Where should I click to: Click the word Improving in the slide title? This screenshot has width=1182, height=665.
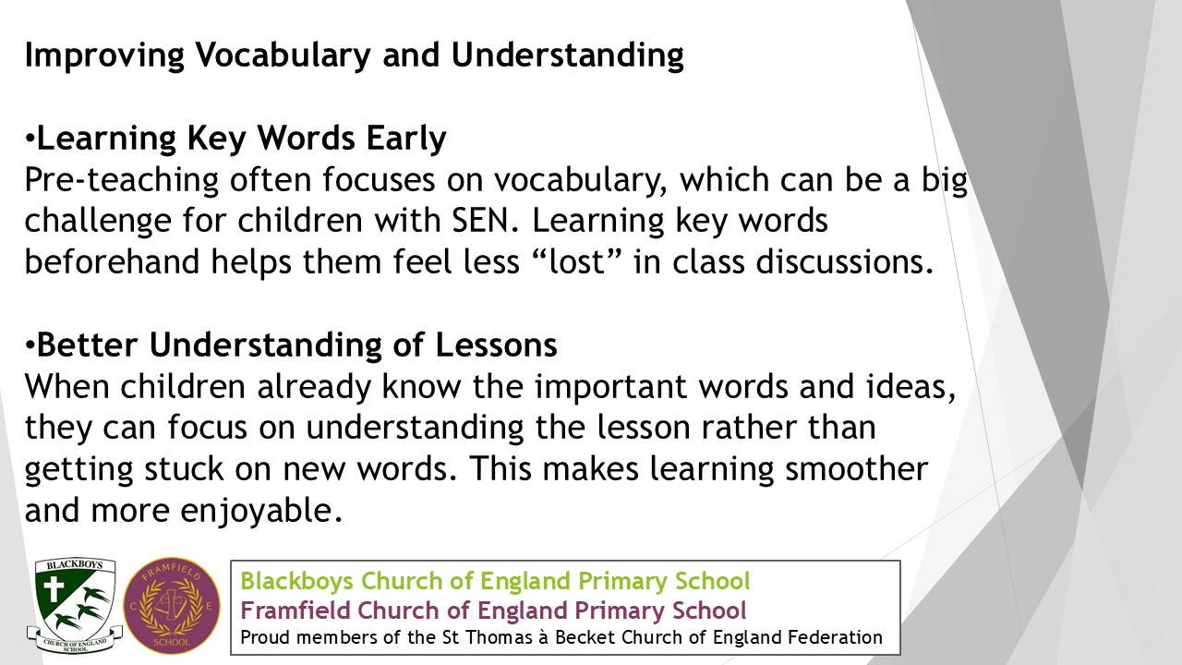104,55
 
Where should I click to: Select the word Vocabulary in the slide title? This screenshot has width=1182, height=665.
283,55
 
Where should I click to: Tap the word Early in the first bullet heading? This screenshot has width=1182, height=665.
406,139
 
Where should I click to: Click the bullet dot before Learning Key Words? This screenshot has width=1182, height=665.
30,139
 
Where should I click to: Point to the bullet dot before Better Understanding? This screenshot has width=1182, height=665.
30,346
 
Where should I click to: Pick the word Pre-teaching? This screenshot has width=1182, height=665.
121,180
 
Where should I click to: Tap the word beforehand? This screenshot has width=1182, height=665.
112,261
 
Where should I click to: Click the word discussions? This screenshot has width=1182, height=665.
845,261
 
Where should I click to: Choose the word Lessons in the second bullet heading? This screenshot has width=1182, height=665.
496,345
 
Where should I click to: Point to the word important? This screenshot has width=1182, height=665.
610,388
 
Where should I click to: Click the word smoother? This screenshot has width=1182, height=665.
856,469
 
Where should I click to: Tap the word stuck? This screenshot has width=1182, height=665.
184,469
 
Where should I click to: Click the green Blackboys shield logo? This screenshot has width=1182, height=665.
75,605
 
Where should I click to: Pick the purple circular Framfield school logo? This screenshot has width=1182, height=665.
172,606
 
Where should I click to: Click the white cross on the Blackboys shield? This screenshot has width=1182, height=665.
54,588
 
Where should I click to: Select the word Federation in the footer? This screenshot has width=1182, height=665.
835,637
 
